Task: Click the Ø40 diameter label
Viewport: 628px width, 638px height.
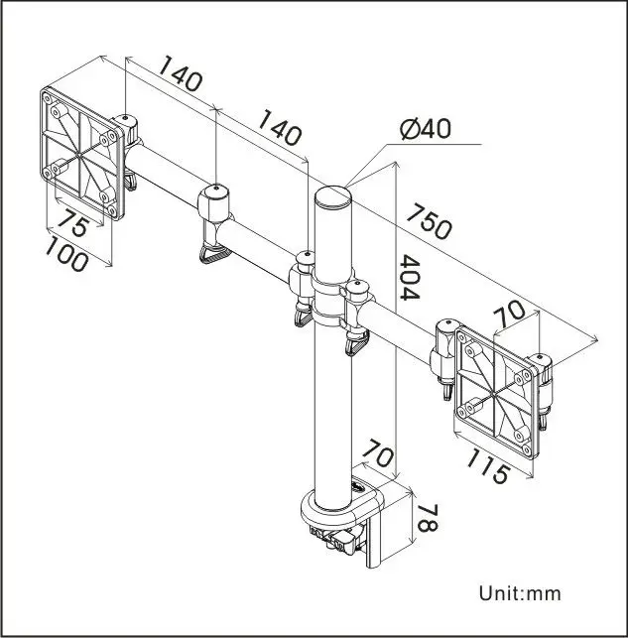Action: tap(426, 130)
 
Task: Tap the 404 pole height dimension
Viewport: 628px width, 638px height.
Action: tap(410, 277)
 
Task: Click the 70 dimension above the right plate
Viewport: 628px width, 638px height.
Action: tap(510, 315)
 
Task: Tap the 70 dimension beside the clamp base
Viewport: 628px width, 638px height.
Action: tap(375, 454)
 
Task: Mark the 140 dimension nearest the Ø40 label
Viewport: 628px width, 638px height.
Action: tap(279, 128)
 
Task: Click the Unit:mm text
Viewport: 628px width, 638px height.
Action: tap(520, 594)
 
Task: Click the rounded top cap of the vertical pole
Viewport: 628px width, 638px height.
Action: tap(332, 192)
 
